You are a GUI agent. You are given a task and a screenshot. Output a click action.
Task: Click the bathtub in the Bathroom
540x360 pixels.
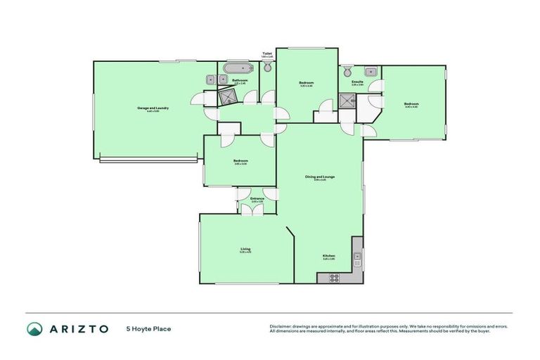click(x=238, y=69)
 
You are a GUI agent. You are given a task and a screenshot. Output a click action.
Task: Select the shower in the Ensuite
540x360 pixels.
click(x=347, y=101)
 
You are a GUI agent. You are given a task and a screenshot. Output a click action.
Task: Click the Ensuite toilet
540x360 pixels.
click(x=347, y=71)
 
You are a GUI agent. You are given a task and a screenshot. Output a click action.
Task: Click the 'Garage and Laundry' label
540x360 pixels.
click(x=153, y=108)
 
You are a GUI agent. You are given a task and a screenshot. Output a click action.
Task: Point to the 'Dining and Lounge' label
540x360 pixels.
click(x=319, y=176)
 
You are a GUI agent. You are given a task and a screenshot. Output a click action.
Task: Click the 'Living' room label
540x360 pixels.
click(x=245, y=248)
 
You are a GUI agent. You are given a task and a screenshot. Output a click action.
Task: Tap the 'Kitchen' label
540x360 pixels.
click(x=328, y=255)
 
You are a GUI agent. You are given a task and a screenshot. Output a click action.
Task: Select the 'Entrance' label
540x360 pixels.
click(x=257, y=198)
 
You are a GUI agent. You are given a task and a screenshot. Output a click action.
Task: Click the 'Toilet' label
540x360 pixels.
click(x=267, y=53)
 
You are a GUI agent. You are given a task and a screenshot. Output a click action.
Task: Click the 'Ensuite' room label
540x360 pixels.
click(x=357, y=82)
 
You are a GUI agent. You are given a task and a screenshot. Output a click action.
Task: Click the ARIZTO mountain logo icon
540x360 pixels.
click(x=34, y=328)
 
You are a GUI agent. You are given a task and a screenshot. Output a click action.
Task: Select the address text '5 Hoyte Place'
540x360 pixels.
click(x=148, y=328)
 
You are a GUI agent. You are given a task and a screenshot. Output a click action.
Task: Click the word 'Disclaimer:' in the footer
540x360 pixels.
click(x=282, y=326)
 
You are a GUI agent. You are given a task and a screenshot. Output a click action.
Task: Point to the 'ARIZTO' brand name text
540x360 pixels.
click(x=78, y=328)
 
